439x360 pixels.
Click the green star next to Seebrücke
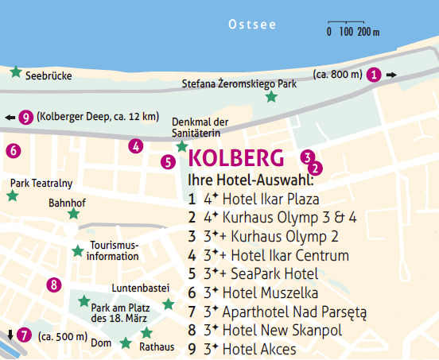tap(15, 72)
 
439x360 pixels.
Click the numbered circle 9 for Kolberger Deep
tap(26, 117)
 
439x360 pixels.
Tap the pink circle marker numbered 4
tap(136, 145)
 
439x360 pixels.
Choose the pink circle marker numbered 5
tap(168, 162)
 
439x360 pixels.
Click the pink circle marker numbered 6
tap(12, 149)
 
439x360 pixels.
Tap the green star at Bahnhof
tap(73, 214)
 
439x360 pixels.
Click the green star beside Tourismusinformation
tap(77, 251)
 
